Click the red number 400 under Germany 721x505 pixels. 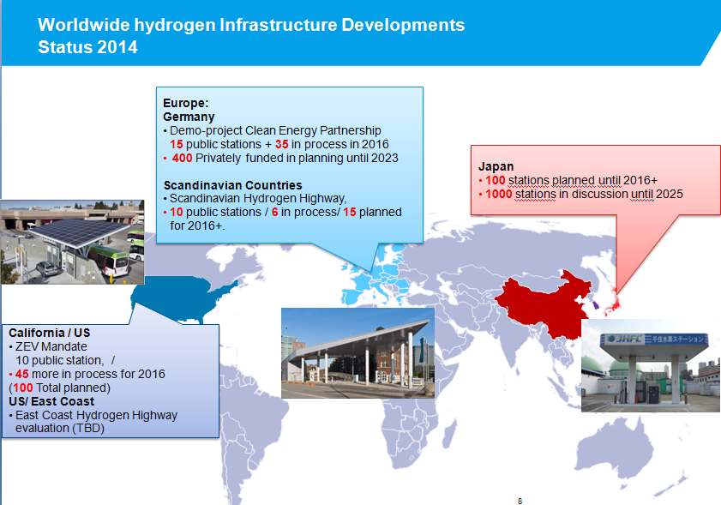(x=182, y=158)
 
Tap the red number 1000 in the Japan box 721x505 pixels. (x=498, y=194)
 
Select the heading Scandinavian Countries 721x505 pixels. (x=232, y=185)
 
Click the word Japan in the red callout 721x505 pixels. (x=496, y=166)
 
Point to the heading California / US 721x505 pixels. (x=49, y=333)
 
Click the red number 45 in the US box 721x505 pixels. (x=21, y=374)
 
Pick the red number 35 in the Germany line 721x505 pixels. (x=281, y=144)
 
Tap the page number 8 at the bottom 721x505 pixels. (x=520, y=501)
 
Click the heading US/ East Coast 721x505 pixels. (x=51, y=401)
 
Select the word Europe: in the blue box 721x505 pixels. (x=186, y=103)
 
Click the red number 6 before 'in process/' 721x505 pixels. (x=275, y=212)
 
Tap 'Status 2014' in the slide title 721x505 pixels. (x=87, y=47)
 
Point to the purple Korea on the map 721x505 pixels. (x=595, y=304)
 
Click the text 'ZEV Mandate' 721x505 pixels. (x=51, y=346)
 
